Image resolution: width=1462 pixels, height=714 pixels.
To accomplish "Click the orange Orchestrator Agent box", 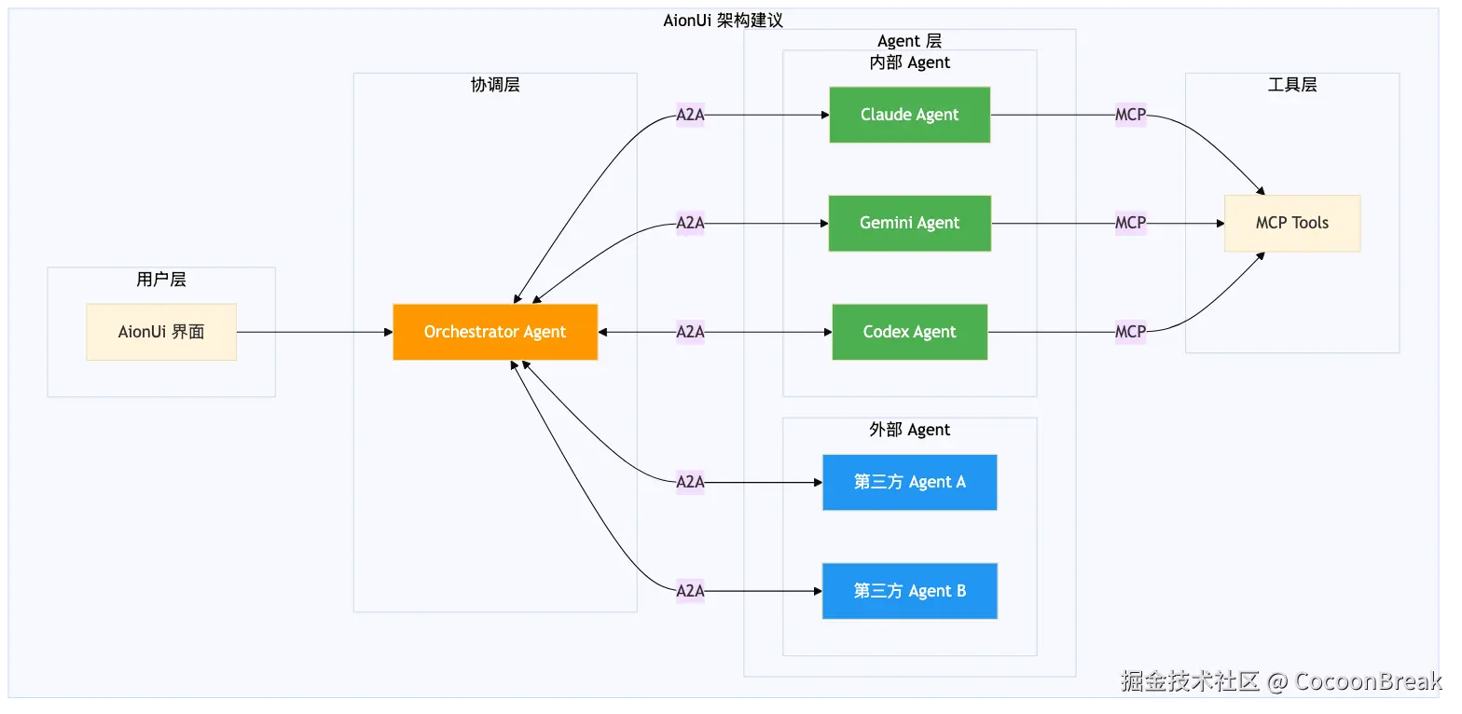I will pyautogui.click(x=495, y=332).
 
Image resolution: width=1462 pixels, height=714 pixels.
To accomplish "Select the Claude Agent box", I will pyautogui.click(x=909, y=115).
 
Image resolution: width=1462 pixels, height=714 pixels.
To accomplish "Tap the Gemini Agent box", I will pyautogui.click(x=909, y=223).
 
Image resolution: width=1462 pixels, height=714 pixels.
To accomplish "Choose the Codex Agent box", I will pyautogui.click(x=909, y=332).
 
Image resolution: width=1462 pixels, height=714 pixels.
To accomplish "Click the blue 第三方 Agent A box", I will pyautogui.click(x=909, y=482).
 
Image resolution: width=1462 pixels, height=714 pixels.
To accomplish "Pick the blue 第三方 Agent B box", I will pyautogui.click(x=909, y=591).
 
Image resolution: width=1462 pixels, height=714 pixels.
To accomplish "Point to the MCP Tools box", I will pyautogui.click(x=1291, y=223).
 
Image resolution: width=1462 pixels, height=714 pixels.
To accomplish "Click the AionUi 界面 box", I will pyautogui.click(x=161, y=332).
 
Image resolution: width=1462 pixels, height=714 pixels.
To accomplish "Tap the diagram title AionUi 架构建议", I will pyautogui.click(x=723, y=21).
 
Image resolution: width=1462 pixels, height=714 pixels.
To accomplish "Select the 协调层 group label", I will pyautogui.click(x=495, y=85).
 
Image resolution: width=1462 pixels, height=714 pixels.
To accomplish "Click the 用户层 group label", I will pyautogui.click(x=161, y=279).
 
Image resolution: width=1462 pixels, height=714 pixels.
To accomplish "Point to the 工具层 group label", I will pyautogui.click(x=1292, y=85).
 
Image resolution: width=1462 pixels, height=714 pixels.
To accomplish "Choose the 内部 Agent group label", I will pyautogui.click(x=909, y=62).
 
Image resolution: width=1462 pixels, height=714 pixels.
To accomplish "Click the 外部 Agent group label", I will pyautogui.click(x=909, y=430).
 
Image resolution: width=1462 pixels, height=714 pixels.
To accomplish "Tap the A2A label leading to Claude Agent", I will pyautogui.click(x=690, y=116).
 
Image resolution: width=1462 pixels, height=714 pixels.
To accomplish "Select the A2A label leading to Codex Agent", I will pyautogui.click(x=690, y=332).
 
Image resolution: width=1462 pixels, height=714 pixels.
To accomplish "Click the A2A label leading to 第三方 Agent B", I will pyautogui.click(x=690, y=591).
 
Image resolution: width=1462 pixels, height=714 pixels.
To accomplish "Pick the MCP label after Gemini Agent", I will pyautogui.click(x=1130, y=223).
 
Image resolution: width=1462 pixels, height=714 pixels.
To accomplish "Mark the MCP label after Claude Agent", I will pyautogui.click(x=1130, y=116).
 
